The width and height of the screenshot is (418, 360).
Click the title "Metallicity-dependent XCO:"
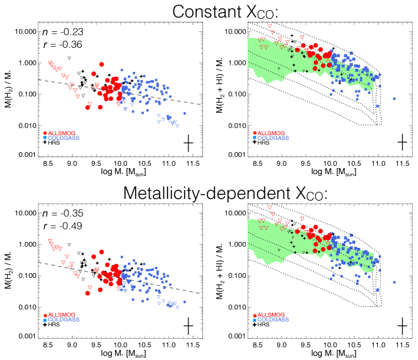(x=209, y=192)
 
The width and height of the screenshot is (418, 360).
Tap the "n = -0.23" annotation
(x=57, y=32)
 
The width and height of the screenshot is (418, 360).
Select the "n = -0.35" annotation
(x=57, y=213)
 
